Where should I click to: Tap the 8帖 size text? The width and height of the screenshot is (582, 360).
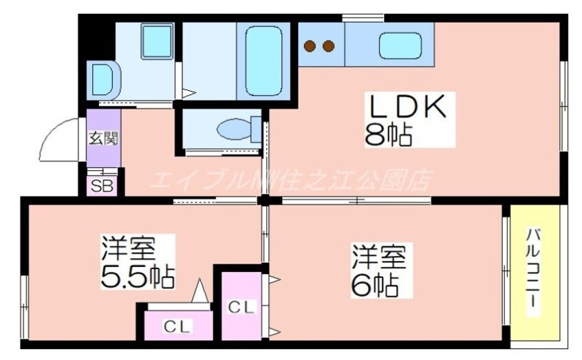(388, 136)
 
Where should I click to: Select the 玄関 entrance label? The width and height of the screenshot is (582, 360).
(103, 137)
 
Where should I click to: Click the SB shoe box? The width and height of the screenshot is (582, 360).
(103, 185)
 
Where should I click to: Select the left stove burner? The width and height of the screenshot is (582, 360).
(311, 46)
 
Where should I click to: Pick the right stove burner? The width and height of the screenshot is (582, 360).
(328, 46)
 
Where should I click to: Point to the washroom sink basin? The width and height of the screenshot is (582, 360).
(100, 79)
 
